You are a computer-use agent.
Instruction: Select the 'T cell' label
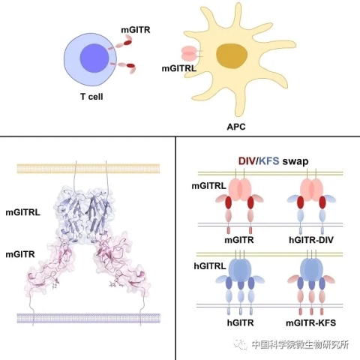pyautogui.click(x=91, y=97)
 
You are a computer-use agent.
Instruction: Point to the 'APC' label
pyautogui.click(x=236, y=127)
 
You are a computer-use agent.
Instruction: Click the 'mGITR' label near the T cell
pyautogui.click(x=136, y=30)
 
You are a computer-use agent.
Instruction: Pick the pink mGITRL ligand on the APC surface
pyautogui.click(x=190, y=53)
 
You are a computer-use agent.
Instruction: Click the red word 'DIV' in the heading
pyautogui.click(x=247, y=161)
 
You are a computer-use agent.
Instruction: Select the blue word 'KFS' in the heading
pyautogui.click(x=269, y=161)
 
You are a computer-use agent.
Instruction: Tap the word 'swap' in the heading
pyautogui.click(x=295, y=161)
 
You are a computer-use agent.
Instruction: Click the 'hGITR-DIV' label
pyautogui.click(x=311, y=240)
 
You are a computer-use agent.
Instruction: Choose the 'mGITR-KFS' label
pyautogui.click(x=310, y=322)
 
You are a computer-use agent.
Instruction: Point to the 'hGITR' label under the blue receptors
pyautogui.click(x=241, y=322)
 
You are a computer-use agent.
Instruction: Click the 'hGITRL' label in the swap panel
pyautogui.click(x=210, y=266)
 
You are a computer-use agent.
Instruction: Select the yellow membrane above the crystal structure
pyautogui.click(x=88, y=169)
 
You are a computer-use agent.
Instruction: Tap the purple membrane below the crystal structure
pyautogui.click(x=88, y=318)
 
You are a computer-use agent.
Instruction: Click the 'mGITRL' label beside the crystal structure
pyautogui.click(x=22, y=213)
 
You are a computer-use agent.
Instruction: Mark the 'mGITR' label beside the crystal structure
pyautogui.click(x=20, y=254)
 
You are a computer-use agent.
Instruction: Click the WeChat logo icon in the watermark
pyautogui.click(x=239, y=344)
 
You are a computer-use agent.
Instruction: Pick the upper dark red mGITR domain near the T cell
pyautogui.click(x=127, y=43)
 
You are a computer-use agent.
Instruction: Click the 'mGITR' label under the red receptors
pyautogui.click(x=239, y=240)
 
